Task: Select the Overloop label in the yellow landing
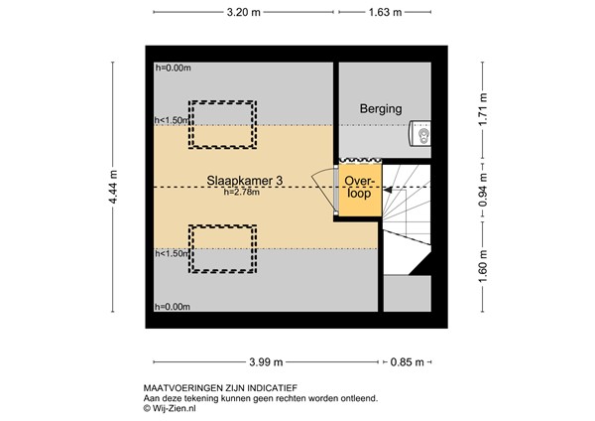(x=358, y=188)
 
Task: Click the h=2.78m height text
(x=242, y=192)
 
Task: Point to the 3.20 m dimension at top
(x=244, y=13)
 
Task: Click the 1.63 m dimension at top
(x=385, y=13)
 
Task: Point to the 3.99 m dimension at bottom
(x=266, y=360)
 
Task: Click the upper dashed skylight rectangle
(x=222, y=124)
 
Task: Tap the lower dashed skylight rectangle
(x=222, y=248)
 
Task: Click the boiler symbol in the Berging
(x=420, y=133)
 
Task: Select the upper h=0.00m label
(x=173, y=69)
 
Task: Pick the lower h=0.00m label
(x=173, y=307)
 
